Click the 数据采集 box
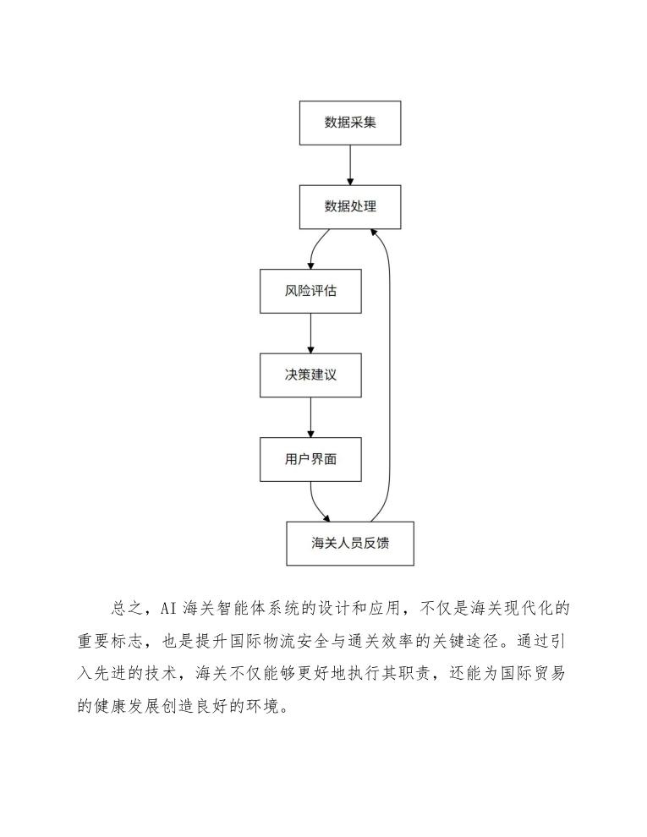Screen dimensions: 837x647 tap(350, 123)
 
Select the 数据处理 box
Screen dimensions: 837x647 tap(350, 207)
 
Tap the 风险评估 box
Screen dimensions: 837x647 tap(310, 292)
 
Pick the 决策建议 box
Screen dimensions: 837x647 tap(310, 375)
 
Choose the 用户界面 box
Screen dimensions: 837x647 tap(310, 459)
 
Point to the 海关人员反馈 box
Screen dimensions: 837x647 tap(350, 544)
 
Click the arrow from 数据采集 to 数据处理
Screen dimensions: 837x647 tap(350, 165)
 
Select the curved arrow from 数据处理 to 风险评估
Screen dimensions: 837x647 tap(316, 249)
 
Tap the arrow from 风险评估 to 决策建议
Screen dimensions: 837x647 tap(310, 333)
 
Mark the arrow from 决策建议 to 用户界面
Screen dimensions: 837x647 tap(310, 417)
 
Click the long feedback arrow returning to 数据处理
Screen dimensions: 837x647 tap(389, 372)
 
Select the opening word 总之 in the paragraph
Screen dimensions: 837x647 tap(122, 610)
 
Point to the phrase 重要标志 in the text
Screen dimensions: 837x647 tap(116, 642)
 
